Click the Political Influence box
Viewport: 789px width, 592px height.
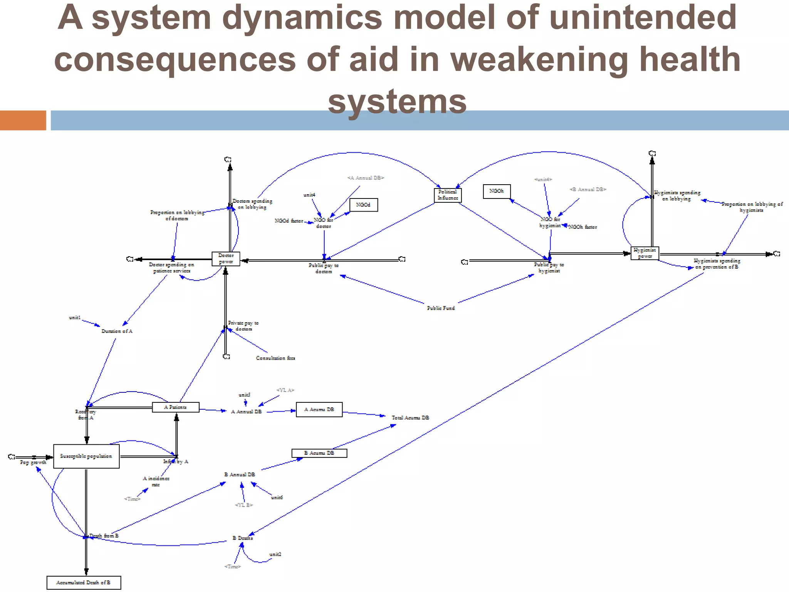447,195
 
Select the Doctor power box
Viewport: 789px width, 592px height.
226,259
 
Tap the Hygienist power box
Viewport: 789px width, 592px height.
645,253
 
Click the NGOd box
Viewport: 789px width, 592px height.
363,205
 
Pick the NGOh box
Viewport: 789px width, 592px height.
497,191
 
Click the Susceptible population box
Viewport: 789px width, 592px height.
86,456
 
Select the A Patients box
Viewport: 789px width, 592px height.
175,407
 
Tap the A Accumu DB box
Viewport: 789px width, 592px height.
319,409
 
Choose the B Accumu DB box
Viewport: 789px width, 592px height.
319,453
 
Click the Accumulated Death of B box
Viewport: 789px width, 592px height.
84,582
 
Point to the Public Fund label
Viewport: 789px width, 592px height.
441,308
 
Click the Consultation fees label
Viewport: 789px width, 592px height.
275,358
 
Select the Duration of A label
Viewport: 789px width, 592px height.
117,331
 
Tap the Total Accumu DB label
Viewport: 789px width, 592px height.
410,417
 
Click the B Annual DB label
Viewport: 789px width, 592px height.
240,474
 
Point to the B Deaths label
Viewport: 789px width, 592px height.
242,538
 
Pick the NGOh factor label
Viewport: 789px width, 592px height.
583,227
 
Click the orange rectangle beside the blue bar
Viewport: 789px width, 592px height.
23,120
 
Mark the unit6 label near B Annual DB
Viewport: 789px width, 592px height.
277,497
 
